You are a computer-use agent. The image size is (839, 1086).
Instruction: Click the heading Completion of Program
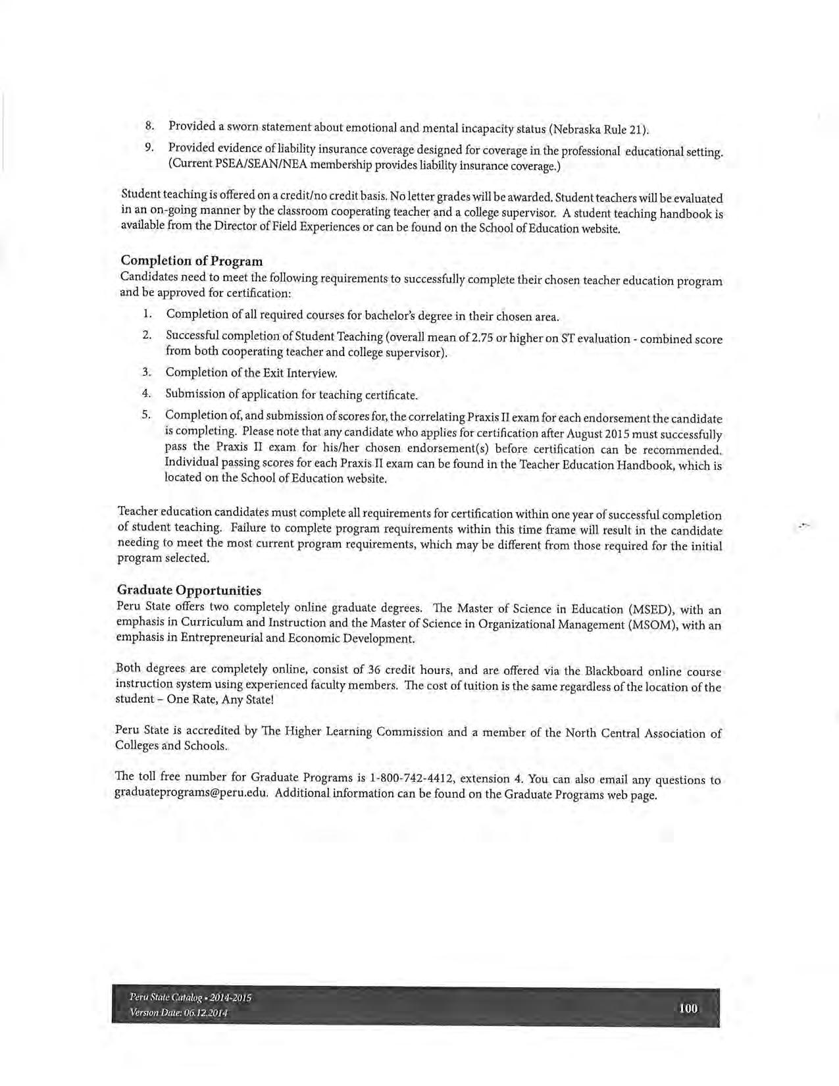pyautogui.click(x=191, y=261)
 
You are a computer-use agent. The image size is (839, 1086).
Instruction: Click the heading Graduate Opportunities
pyautogui.click(x=189, y=590)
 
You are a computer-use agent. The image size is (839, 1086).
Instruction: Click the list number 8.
pyautogui.click(x=149, y=124)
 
